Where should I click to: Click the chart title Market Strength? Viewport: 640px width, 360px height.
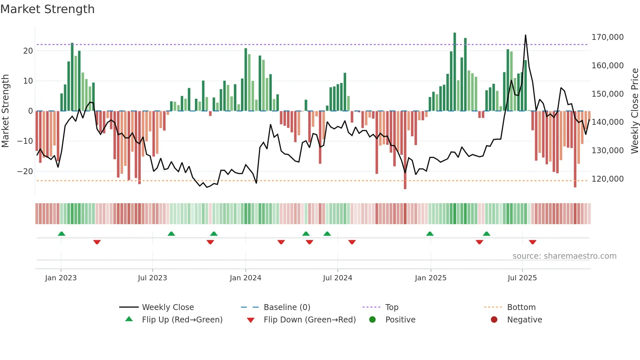(47, 9)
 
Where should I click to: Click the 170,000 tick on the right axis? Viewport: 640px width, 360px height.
(607, 37)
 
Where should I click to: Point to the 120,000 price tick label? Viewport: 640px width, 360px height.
(607, 179)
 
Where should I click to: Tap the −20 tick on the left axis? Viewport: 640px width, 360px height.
(25, 172)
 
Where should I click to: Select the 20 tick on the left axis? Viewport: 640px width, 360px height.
(28, 51)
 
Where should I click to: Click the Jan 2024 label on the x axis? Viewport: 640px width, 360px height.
(245, 278)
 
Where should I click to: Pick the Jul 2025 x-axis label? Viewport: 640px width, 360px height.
(522, 278)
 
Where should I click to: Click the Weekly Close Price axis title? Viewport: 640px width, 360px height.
(634, 111)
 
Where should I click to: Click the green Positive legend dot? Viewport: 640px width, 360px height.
(372, 320)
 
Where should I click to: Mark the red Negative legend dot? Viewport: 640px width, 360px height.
(494, 320)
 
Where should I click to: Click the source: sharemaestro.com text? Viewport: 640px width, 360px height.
(564, 256)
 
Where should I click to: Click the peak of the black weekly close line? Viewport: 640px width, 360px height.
(525, 35)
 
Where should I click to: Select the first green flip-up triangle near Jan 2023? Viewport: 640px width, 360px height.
(61, 234)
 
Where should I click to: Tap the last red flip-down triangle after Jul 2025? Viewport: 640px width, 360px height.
(533, 242)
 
